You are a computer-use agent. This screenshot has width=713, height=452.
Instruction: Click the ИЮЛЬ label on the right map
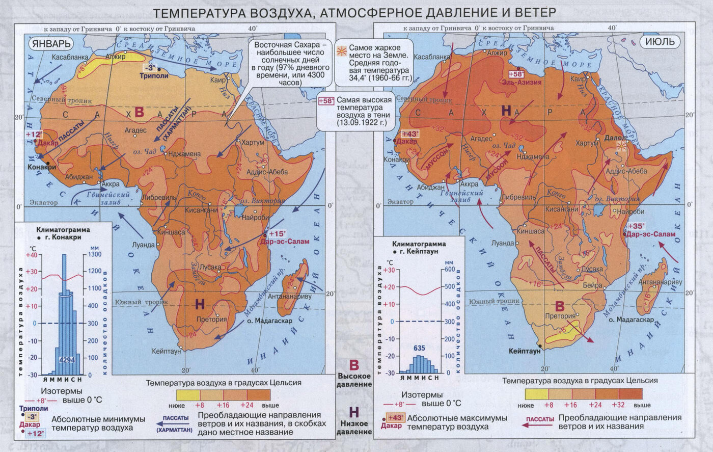[660, 41]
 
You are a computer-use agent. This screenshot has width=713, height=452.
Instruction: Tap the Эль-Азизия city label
[522, 82]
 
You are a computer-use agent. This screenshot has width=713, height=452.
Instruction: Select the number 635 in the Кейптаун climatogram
[419, 349]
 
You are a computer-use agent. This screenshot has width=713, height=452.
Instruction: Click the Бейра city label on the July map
[593, 286]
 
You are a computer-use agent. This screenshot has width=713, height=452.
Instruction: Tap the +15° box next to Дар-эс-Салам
[278, 233]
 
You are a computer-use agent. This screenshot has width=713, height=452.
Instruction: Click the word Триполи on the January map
[154, 75]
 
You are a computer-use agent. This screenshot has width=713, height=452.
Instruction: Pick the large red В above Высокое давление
[354, 365]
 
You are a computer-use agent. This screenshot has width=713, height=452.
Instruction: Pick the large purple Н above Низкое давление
[354, 412]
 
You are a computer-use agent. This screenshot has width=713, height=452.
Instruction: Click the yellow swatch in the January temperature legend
[188, 394]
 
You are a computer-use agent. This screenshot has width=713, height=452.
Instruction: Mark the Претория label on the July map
[560, 316]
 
